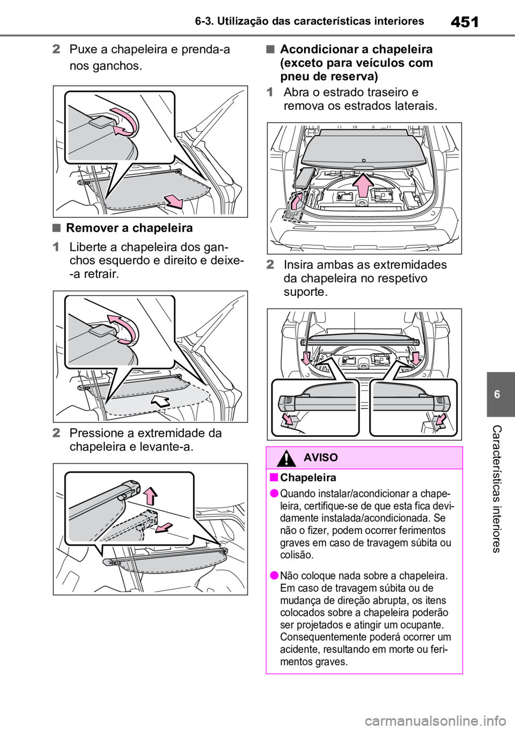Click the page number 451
tap(465, 22)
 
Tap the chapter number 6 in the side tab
tap(497, 394)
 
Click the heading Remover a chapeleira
tap(129, 228)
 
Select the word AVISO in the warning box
tap(321, 458)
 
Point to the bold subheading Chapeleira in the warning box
tap(308, 478)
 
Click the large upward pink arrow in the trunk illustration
tap(364, 185)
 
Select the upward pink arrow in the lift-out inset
tap(151, 496)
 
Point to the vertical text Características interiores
tap(496, 489)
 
